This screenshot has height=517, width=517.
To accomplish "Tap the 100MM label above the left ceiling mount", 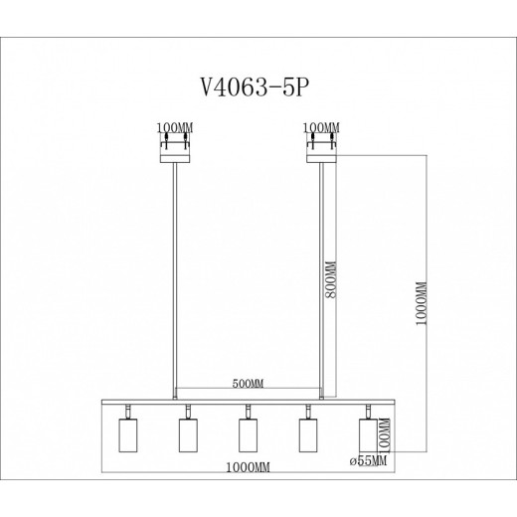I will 176,128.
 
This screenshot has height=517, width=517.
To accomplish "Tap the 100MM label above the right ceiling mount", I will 321,128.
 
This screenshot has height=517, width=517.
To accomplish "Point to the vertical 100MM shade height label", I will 385,434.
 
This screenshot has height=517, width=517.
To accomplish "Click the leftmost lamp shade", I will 125,434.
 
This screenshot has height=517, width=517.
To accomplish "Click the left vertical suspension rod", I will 177,278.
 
